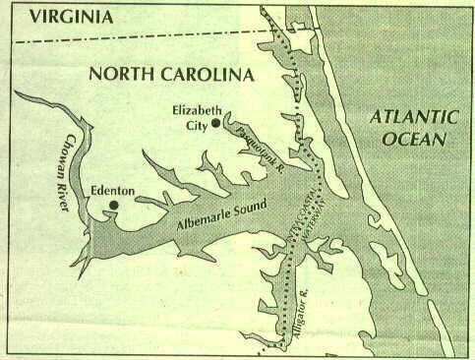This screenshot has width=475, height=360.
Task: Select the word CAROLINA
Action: pyautogui.click(x=211, y=75)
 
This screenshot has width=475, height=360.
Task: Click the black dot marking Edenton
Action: pyautogui.click(x=114, y=205)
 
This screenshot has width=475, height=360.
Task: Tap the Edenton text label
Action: pyautogui.click(x=111, y=186)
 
